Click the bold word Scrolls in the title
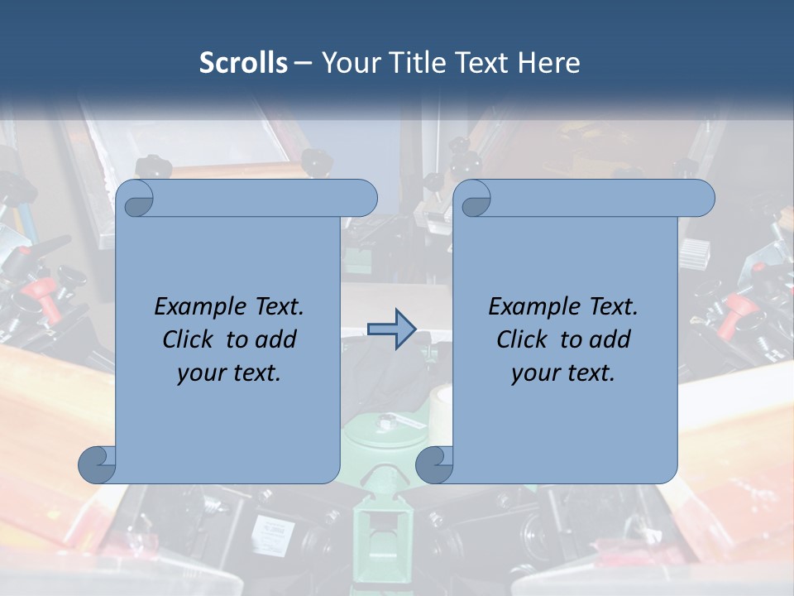pos(243,62)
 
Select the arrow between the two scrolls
pos(391,329)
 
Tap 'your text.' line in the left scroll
pos(229,373)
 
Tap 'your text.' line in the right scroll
pos(563,373)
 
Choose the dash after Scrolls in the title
pos(303,63)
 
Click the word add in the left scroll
pos(276,339)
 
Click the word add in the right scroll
pos(610,339)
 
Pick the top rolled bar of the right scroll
pos(595,198)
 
